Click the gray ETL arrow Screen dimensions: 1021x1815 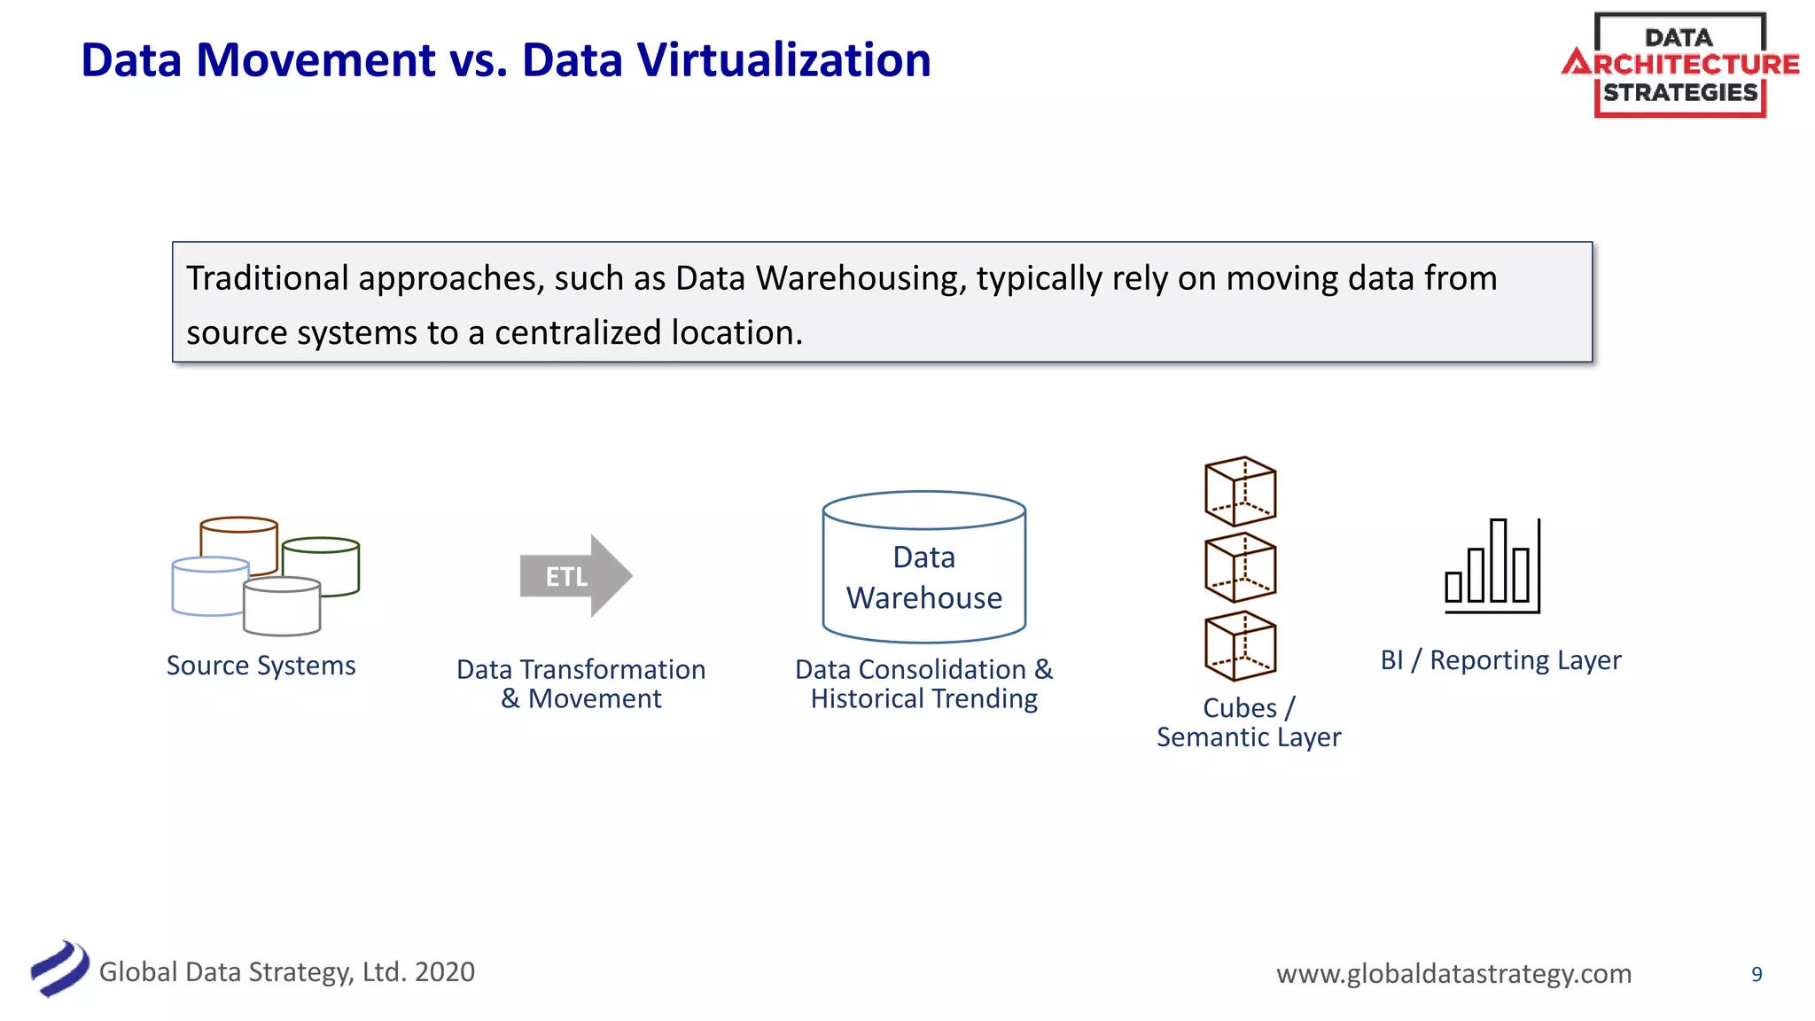tap(574, 576)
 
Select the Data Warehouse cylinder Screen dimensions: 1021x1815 tap(923, 567)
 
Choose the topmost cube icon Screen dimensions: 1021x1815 tap(1240, 492)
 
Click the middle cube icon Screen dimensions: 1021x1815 tap(1240, 568)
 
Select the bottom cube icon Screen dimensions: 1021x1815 tap(1240, 646)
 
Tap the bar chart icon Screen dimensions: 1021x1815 tap(1492, 566)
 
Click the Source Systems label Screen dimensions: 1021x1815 tap(261, 666)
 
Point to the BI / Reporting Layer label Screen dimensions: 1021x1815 tap(1500, 660)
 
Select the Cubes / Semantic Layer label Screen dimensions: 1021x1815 tap(1249, 722)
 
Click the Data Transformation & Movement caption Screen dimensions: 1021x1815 tap(580, 684)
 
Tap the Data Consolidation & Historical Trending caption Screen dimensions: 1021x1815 tap(923, 684)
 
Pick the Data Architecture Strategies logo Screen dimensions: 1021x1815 tap(1679, 65)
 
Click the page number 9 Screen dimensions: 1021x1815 tap(1757, 974)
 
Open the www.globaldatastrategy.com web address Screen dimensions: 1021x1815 tap(1453, 973)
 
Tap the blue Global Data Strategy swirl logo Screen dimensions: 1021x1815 tap(59, 969)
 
